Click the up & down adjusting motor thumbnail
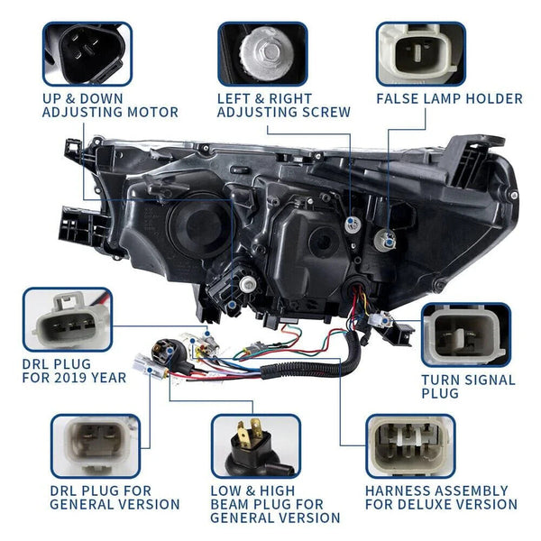pos(87,54)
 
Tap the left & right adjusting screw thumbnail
pos(262,54)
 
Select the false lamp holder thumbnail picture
pos(420,54)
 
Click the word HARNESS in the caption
pos(399,490)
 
